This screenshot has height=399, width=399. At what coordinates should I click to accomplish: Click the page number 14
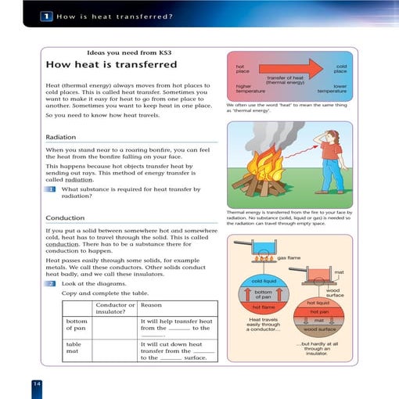(x=37, y=383)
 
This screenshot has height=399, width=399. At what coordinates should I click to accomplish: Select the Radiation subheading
(x=61, y=137)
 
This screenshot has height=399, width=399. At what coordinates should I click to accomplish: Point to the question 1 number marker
(x=51, y=189)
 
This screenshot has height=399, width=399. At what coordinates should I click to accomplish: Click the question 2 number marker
(x=51, y=283)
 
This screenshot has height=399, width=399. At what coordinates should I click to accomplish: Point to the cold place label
(x=341, y=70)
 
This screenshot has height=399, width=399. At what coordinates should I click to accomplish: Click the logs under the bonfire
(x=262, y=190)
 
